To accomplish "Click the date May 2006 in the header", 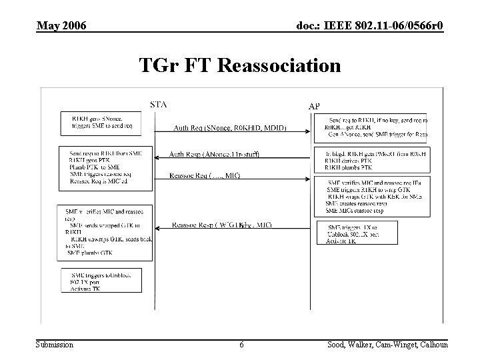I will [x=61, y=26].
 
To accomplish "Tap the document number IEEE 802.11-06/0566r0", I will [x=369, y=26].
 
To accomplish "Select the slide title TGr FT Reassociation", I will [x=240, y=66].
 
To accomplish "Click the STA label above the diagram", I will [x=159, y=104].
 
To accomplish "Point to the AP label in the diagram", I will [x=314, y=106].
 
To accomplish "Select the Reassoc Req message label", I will [x=205, y=176].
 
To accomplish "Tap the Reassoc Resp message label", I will [x=221, y=225].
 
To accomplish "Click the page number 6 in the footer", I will [x=241, y=345].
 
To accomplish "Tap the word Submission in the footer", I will [x=55, y=345].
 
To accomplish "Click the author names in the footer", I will [x=387, y=345].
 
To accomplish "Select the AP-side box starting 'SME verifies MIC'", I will [x=373, y=197].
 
